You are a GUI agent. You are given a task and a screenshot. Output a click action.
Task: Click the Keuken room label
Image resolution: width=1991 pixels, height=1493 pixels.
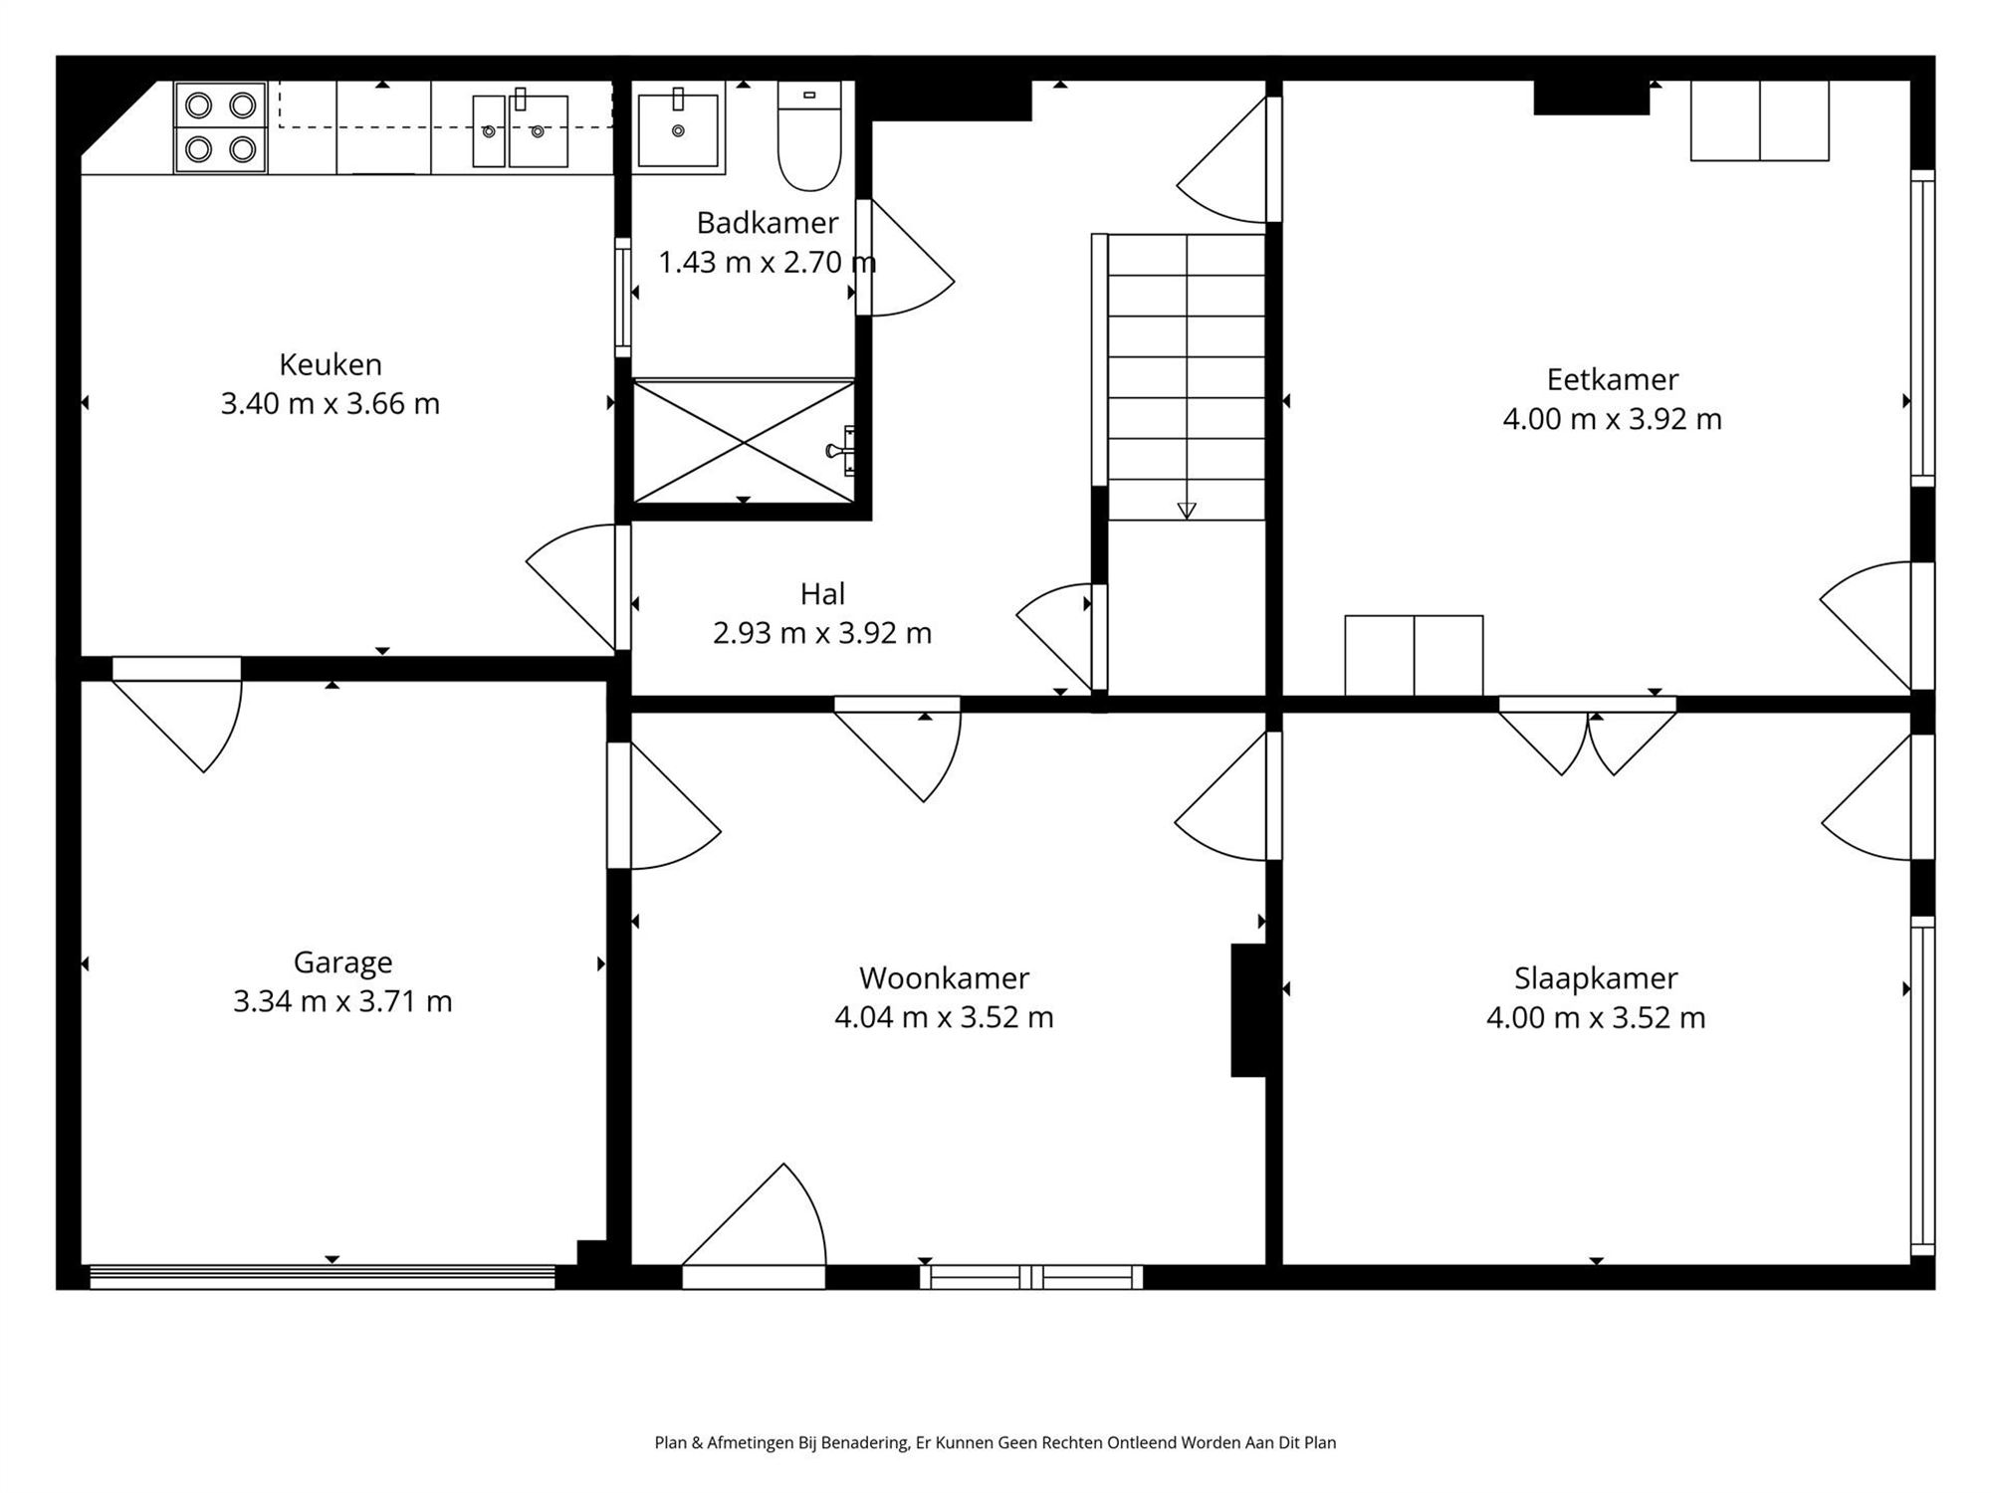(331, 364)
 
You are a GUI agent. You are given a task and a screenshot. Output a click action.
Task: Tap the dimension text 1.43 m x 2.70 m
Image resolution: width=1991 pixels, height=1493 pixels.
(767, 263)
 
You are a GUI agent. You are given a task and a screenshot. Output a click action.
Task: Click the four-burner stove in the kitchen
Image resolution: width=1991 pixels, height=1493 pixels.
(220, 127)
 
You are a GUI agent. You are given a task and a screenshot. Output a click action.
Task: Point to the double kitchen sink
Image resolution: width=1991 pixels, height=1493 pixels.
(520, 130)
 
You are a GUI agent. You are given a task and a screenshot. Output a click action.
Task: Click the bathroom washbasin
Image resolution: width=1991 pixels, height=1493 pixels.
(678, 130)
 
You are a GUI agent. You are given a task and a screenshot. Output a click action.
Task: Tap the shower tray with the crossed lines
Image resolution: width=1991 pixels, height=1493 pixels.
(744, 441)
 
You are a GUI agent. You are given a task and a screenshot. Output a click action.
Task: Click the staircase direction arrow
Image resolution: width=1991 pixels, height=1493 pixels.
(1186, 510)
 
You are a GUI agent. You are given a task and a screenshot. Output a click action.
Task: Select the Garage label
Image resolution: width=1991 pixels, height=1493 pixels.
(342, 961)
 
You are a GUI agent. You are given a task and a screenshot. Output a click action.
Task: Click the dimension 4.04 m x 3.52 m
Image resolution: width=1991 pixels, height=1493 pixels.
(944, 1017)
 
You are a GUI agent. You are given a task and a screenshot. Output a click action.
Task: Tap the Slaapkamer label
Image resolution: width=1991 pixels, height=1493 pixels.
(1596, 977)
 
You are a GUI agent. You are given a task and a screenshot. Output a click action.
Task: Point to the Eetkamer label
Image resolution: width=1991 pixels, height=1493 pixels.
(1612, 379)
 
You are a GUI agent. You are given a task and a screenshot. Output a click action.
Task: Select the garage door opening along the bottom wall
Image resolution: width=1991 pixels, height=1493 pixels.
(322, 1277)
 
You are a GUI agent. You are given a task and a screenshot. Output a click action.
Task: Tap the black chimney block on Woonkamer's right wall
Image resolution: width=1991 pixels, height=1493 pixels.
(1248, 1010)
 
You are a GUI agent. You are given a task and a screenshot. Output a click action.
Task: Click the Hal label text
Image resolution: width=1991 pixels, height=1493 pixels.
(822, 594)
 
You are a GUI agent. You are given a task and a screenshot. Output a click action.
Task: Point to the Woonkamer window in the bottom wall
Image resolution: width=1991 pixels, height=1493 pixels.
(1030, 1277)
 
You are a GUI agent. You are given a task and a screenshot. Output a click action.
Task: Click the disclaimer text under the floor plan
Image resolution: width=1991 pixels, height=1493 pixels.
(995, 1442)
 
